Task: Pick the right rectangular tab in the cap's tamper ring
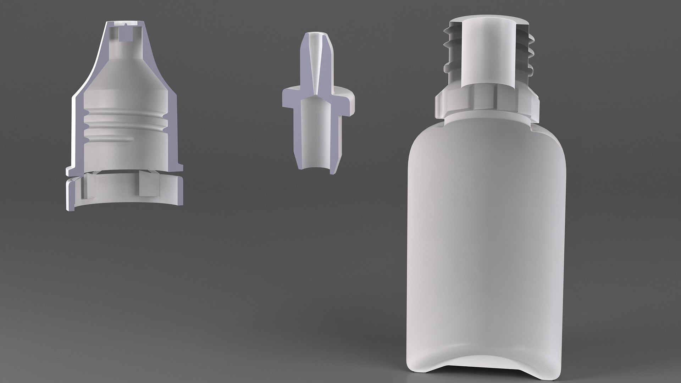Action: pos(150,185)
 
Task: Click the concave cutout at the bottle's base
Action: pos(488,355)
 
